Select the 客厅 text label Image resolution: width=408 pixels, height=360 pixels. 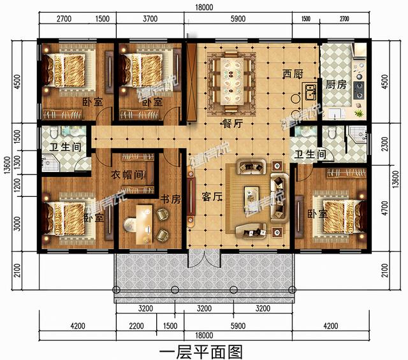(211, 198)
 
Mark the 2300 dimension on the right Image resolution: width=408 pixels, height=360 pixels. (384, 144)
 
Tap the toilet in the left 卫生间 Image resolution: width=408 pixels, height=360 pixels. (55, 133)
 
